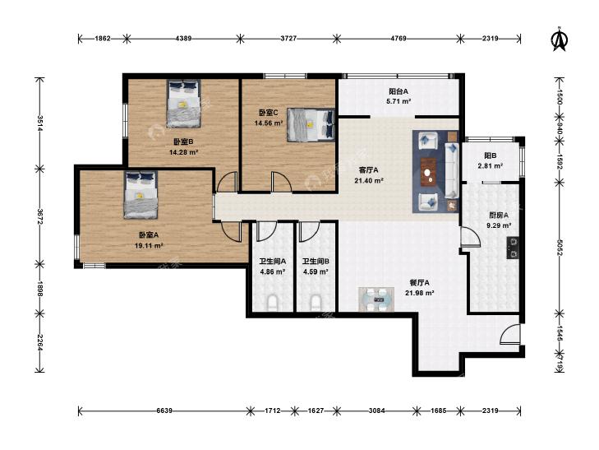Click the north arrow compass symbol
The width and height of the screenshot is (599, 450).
[560, 39]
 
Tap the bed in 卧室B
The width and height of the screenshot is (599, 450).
[184, 103]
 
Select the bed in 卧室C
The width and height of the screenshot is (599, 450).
[311, 125]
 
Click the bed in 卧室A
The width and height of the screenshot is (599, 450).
[141, 195]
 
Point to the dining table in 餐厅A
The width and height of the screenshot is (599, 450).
[376, 299]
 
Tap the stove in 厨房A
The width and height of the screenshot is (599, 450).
[513, 248]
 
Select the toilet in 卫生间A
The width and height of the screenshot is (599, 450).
[272, 303]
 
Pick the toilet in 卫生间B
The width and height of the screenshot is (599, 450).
[316, 303]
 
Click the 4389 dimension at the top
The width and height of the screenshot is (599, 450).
[183, 38]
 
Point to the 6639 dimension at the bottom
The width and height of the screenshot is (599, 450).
[164, 411]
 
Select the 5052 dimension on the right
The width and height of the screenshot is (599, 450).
[560, 248]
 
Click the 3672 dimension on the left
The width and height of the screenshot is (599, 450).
[39, 216]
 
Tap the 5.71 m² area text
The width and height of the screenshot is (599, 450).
[399, 102]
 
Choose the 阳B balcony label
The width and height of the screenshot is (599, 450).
[490, 155]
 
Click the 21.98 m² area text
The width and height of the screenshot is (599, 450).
[419, 293]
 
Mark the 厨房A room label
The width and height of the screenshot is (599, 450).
[499, 216]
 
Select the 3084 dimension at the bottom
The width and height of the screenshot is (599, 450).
[376, 411]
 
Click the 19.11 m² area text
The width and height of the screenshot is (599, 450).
[149, 246]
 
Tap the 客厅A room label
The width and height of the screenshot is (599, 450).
[369, 170]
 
